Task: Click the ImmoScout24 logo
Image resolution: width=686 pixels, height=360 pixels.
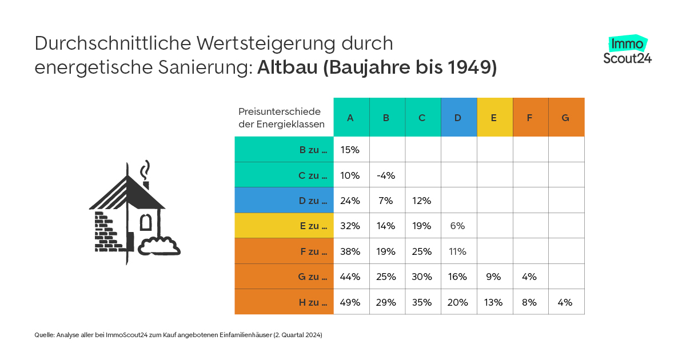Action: click(627, 50)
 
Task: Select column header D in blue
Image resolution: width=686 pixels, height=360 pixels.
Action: click(458, 118)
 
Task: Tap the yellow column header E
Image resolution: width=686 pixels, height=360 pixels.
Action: click(494, 118)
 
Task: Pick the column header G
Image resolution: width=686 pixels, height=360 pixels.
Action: click(565, 118)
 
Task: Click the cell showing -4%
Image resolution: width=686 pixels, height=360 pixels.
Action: click(386, 175)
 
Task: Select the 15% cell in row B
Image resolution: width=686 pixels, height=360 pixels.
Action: click(350, 150)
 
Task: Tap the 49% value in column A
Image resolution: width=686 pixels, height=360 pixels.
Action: click(350, 302)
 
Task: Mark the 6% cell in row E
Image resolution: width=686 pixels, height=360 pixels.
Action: click(458, 226)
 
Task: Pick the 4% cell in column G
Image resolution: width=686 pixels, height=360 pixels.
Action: click(565, 302)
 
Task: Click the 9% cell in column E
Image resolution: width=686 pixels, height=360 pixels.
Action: click(494, 277)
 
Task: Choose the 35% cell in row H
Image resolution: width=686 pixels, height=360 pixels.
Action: click(422, 302)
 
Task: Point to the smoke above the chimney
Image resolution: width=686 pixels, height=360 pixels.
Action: click(147, 170)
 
